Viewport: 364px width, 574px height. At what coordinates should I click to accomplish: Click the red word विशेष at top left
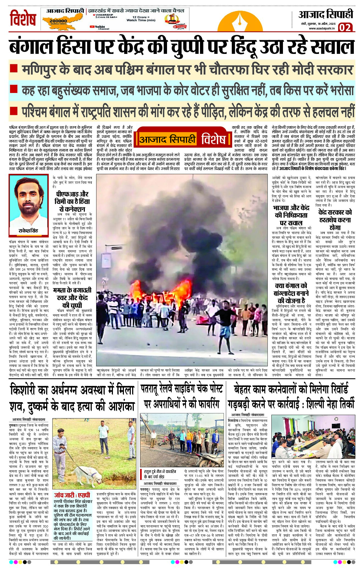pos(23,18)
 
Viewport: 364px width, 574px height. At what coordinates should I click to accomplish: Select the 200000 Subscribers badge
pos(58,21)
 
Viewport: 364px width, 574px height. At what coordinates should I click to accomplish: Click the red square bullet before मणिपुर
pos(13,69)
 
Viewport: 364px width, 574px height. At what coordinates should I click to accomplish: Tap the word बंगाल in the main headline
pos(31,47)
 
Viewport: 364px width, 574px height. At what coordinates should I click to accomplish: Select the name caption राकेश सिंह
pos(28,230)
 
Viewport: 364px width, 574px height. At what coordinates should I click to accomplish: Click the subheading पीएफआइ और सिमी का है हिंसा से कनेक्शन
pos(73,201)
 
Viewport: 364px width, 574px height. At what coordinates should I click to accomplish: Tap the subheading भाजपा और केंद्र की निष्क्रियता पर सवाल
pos(291,215)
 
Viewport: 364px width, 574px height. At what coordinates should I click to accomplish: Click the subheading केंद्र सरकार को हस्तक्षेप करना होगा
pos(335,220)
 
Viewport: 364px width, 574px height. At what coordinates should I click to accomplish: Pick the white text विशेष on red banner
pos(213,139)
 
